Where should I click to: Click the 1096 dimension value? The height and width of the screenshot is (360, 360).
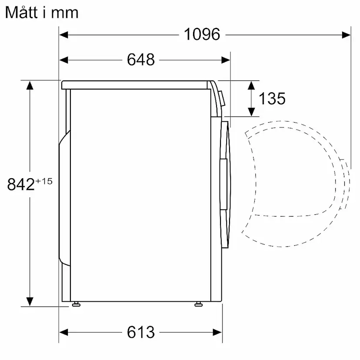click(202, 34)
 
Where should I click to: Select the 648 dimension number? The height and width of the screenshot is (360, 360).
click(141, 60)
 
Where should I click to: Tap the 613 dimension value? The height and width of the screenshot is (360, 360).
click(141, 332)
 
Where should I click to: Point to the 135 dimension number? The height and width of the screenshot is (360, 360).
click(272, 99)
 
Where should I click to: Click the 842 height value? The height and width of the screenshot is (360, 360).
click(21, 184)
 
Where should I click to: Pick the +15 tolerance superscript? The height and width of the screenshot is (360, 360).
click(44, 181)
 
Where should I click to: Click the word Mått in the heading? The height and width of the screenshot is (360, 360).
click(21, 12)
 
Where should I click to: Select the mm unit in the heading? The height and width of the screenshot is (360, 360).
click(65, 13)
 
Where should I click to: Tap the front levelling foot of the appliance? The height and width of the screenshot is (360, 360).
click(198, 304)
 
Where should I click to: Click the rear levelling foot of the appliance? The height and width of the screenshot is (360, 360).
click(76, 304)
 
